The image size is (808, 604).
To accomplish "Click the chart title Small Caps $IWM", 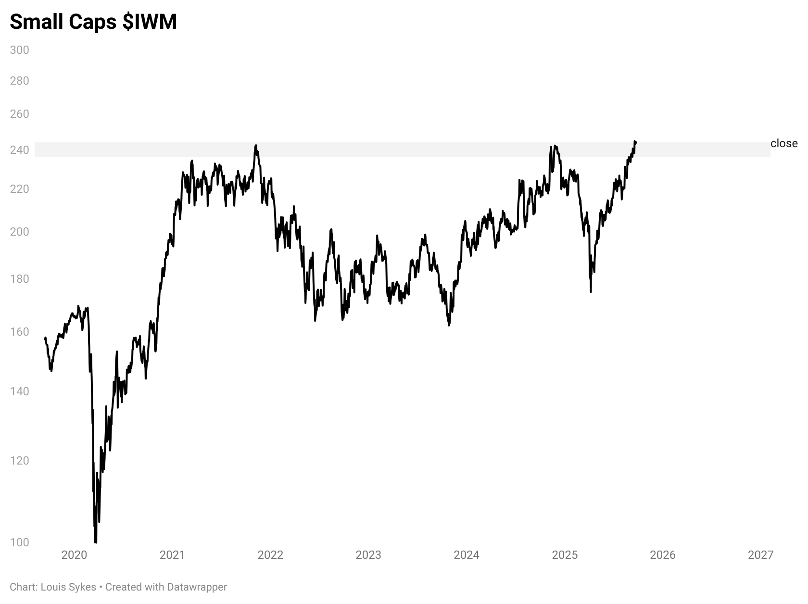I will [x=93, y=22].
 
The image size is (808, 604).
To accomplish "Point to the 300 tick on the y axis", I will [x=19, y=50].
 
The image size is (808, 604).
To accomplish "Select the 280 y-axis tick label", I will [x=19, y=81].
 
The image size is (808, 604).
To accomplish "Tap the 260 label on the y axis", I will [x=19, y=114].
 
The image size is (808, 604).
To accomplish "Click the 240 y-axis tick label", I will [x=19, y=150].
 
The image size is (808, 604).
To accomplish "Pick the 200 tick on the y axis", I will [x=19, y=232].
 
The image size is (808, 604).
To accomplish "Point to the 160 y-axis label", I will [x=19, y=332].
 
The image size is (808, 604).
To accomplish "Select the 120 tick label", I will [x=19, y=461].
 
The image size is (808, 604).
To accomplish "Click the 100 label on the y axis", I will [x=19, y=542].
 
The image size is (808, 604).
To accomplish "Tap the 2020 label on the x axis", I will [x=75, y=555].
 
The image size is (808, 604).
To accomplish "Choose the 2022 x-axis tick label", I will [x=270, y=555].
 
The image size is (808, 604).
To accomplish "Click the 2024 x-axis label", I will [x=467, y=555].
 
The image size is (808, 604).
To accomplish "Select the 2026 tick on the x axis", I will [x=663, y=555].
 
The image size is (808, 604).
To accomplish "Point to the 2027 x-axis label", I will [x=761, y=555].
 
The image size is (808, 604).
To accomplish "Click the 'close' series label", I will [x=783, y=143].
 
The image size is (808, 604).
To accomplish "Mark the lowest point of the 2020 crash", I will [x=95, y=542].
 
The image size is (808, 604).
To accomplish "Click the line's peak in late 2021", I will [x=256, y=145].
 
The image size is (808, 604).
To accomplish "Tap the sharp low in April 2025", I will [x=591, y=291].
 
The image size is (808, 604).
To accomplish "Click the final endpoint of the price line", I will [x=636, y=142].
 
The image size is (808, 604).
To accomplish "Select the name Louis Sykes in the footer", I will [x=68, y=587].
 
